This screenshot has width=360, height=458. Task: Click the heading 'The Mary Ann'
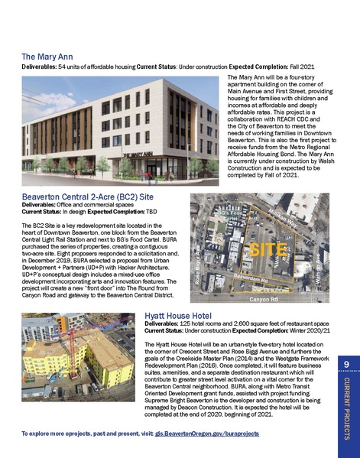click(47, 57)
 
